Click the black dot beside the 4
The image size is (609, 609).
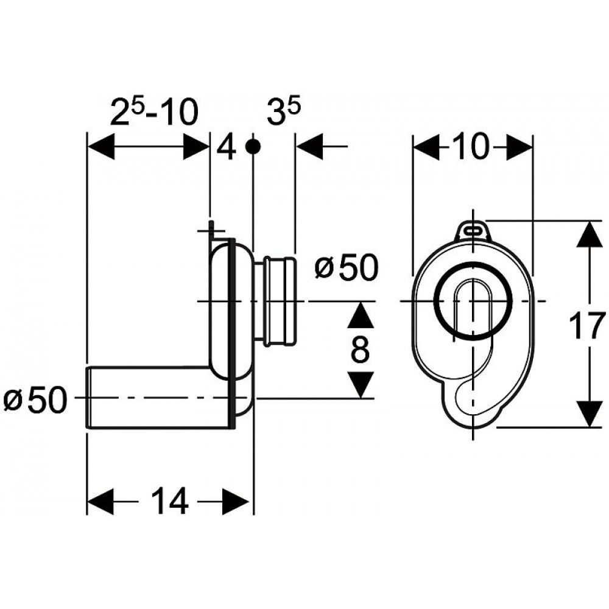click(253, 146)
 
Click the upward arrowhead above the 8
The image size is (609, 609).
click(361, 315)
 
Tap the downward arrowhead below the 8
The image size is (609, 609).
click(361, 385)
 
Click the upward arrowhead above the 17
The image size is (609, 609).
click(589, 234)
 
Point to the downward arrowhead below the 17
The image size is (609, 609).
click(589, 414)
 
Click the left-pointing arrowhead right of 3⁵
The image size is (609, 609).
click(309, 146)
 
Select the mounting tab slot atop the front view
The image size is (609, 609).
click(473, 230)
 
